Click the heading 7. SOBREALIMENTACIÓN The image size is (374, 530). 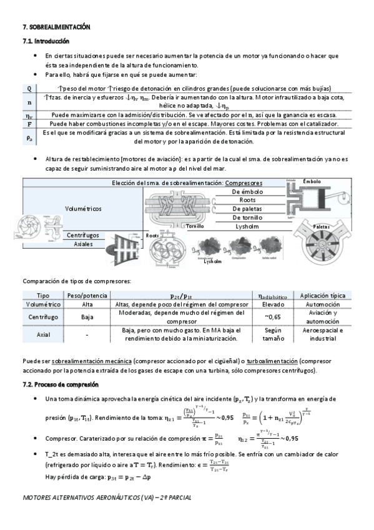point(56,27)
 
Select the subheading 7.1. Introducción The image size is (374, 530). point(45,41)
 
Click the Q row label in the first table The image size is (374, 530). point(29,88)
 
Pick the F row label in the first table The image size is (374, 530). point(29,124)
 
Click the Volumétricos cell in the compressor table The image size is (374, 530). point(83,207)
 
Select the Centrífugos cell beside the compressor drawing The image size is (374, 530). point(83,234)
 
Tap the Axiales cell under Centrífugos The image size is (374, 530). point(83,244)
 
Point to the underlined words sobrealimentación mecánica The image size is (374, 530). point(91,361)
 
